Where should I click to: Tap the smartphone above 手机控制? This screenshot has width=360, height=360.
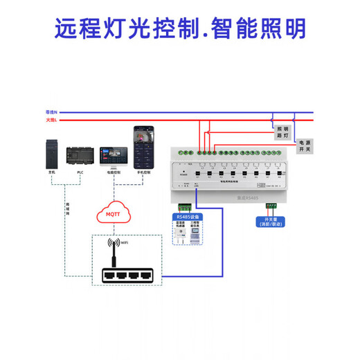143,147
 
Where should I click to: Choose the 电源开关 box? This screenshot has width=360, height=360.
305,145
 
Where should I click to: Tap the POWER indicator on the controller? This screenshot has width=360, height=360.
183,174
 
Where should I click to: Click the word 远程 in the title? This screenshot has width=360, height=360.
78,28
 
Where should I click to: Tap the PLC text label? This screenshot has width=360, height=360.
80,172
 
